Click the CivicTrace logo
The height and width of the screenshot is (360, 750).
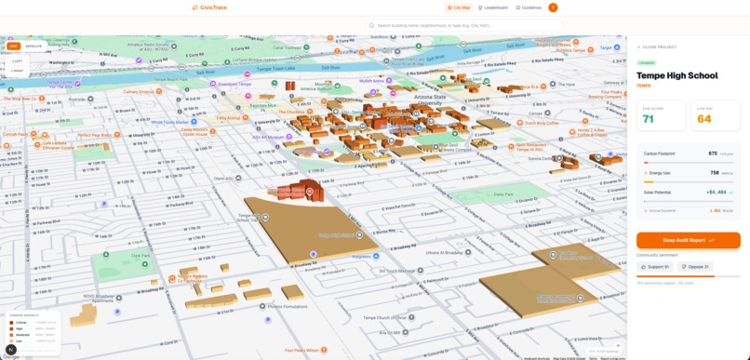coord(208,7)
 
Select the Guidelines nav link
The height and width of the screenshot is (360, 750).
coord(529,7)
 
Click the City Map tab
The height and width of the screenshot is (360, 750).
coord(459,7)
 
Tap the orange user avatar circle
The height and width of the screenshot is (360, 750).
coord(553,7)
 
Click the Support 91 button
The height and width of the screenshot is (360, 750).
coord(656,267)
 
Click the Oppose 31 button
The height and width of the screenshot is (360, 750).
coord(695,267)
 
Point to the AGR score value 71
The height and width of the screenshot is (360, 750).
coord(649,119)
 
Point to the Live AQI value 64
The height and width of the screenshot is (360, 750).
coord(703,119)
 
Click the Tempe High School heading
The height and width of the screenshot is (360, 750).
coord(677,76)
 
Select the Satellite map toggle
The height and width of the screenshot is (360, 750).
coord(33,46)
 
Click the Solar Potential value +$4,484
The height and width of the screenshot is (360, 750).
coord(716,192)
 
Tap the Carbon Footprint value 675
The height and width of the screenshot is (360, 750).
coord(713,153)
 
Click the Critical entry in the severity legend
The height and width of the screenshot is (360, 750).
coord(20,322)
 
